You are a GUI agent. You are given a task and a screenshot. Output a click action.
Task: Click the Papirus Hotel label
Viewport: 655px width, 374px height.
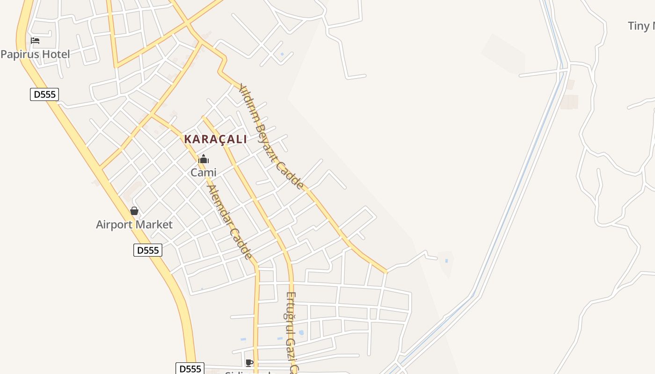pyautogui.click(x=35, y=54)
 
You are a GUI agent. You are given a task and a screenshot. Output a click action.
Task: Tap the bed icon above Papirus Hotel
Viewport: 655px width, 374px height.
pyautogui.click(x=35, y=41)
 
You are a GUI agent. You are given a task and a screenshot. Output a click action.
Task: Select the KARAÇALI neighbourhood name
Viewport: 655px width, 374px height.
pyautogui.click(x=215, y=139)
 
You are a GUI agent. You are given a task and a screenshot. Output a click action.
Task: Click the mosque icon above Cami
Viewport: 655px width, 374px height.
pyautogui.click(x=204, y=159)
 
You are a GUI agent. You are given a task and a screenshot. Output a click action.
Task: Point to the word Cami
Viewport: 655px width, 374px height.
pyautogui.click(x=204, y=173)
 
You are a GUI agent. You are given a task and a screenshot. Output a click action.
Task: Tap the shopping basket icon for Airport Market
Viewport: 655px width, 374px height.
pyautogui.click(x=134, y=211)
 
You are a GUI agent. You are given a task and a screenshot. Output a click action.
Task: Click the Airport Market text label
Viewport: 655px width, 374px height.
pyautogui.click(x=134, y=225)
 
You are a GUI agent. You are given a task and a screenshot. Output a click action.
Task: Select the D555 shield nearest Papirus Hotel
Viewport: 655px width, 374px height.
pyautogui.click(x=45, y=94)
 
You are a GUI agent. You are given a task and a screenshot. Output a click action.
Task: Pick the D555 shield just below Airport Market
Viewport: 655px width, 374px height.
pyautogui.click(x=148, y=250)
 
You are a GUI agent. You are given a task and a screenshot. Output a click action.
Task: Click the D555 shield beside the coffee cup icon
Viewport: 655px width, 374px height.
pyautogui.click(x=190, y=368)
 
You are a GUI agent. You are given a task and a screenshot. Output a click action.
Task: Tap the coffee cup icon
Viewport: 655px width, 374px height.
pyautogui.click(x=249, y=363)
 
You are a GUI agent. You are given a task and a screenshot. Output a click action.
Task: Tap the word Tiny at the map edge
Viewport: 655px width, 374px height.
pyautogui.click(x=639, y=26)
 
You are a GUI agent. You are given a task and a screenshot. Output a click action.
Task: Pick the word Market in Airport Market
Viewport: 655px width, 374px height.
pyautogui.click(x=155, y=225)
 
